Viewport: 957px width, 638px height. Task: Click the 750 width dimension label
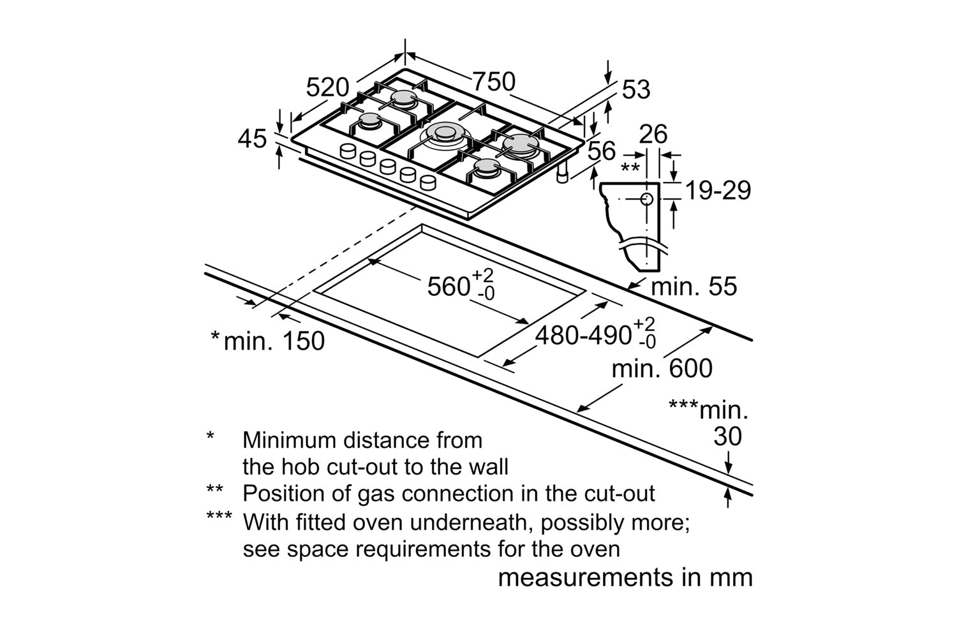(x=493, y=81)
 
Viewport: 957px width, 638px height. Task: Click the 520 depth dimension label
(x=327, y=87)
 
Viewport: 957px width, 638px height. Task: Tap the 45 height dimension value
(x=252, y=138)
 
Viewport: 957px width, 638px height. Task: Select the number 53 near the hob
(x=635, y=90)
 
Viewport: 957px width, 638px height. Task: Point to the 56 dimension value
(x=601, y=151)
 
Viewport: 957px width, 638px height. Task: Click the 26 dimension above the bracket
(x=653, y=135)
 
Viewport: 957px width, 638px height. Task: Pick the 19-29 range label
(x=717, y=190)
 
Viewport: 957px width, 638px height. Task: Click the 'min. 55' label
(x=694, y=286)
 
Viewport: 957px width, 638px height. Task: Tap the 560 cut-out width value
(x=449, y=286)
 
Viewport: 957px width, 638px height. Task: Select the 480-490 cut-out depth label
(x=582, y=335)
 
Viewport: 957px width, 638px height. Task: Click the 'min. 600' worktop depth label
(x=662, y=369)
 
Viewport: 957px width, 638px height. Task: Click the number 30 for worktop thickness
(x=727, y=437)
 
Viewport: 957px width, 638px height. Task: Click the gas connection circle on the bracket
(x=646, y=199)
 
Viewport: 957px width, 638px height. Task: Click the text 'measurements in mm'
(x=625, y=577)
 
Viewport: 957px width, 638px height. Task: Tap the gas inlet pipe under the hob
(x=563, y=176)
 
